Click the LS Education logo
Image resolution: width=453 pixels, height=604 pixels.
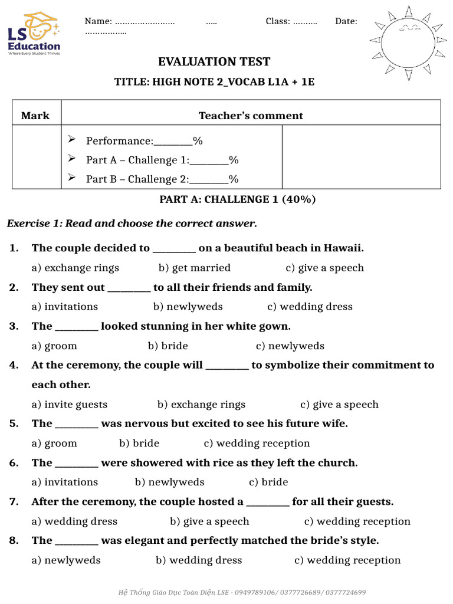(x=34, y=34)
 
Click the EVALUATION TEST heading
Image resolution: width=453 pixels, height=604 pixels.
(x=214, y=62)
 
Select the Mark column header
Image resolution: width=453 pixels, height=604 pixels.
(x=35, y=116)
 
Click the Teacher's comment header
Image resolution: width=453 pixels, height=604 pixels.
(x=251, y=116)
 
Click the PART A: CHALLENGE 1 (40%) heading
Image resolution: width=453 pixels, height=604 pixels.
(x=238, y=199)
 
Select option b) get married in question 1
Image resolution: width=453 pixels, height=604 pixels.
(x=195, y=268)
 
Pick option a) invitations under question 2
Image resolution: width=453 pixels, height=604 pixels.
(x=65, y=307)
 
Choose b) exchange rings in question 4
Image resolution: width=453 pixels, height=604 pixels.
(x=201, y=405)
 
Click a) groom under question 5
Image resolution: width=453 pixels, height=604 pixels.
(x=54, y=444)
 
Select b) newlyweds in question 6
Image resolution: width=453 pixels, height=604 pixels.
(x=170, y=482)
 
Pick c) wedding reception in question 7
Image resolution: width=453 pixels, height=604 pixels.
(x=357, y=521)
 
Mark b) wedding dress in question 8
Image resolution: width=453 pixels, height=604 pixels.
(x=199, y=560)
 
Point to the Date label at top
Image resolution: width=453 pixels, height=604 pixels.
(x=346, y=21)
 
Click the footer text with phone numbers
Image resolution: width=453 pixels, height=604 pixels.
(x=242, y=592)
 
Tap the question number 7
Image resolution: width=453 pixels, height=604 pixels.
(x=14, y=502)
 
